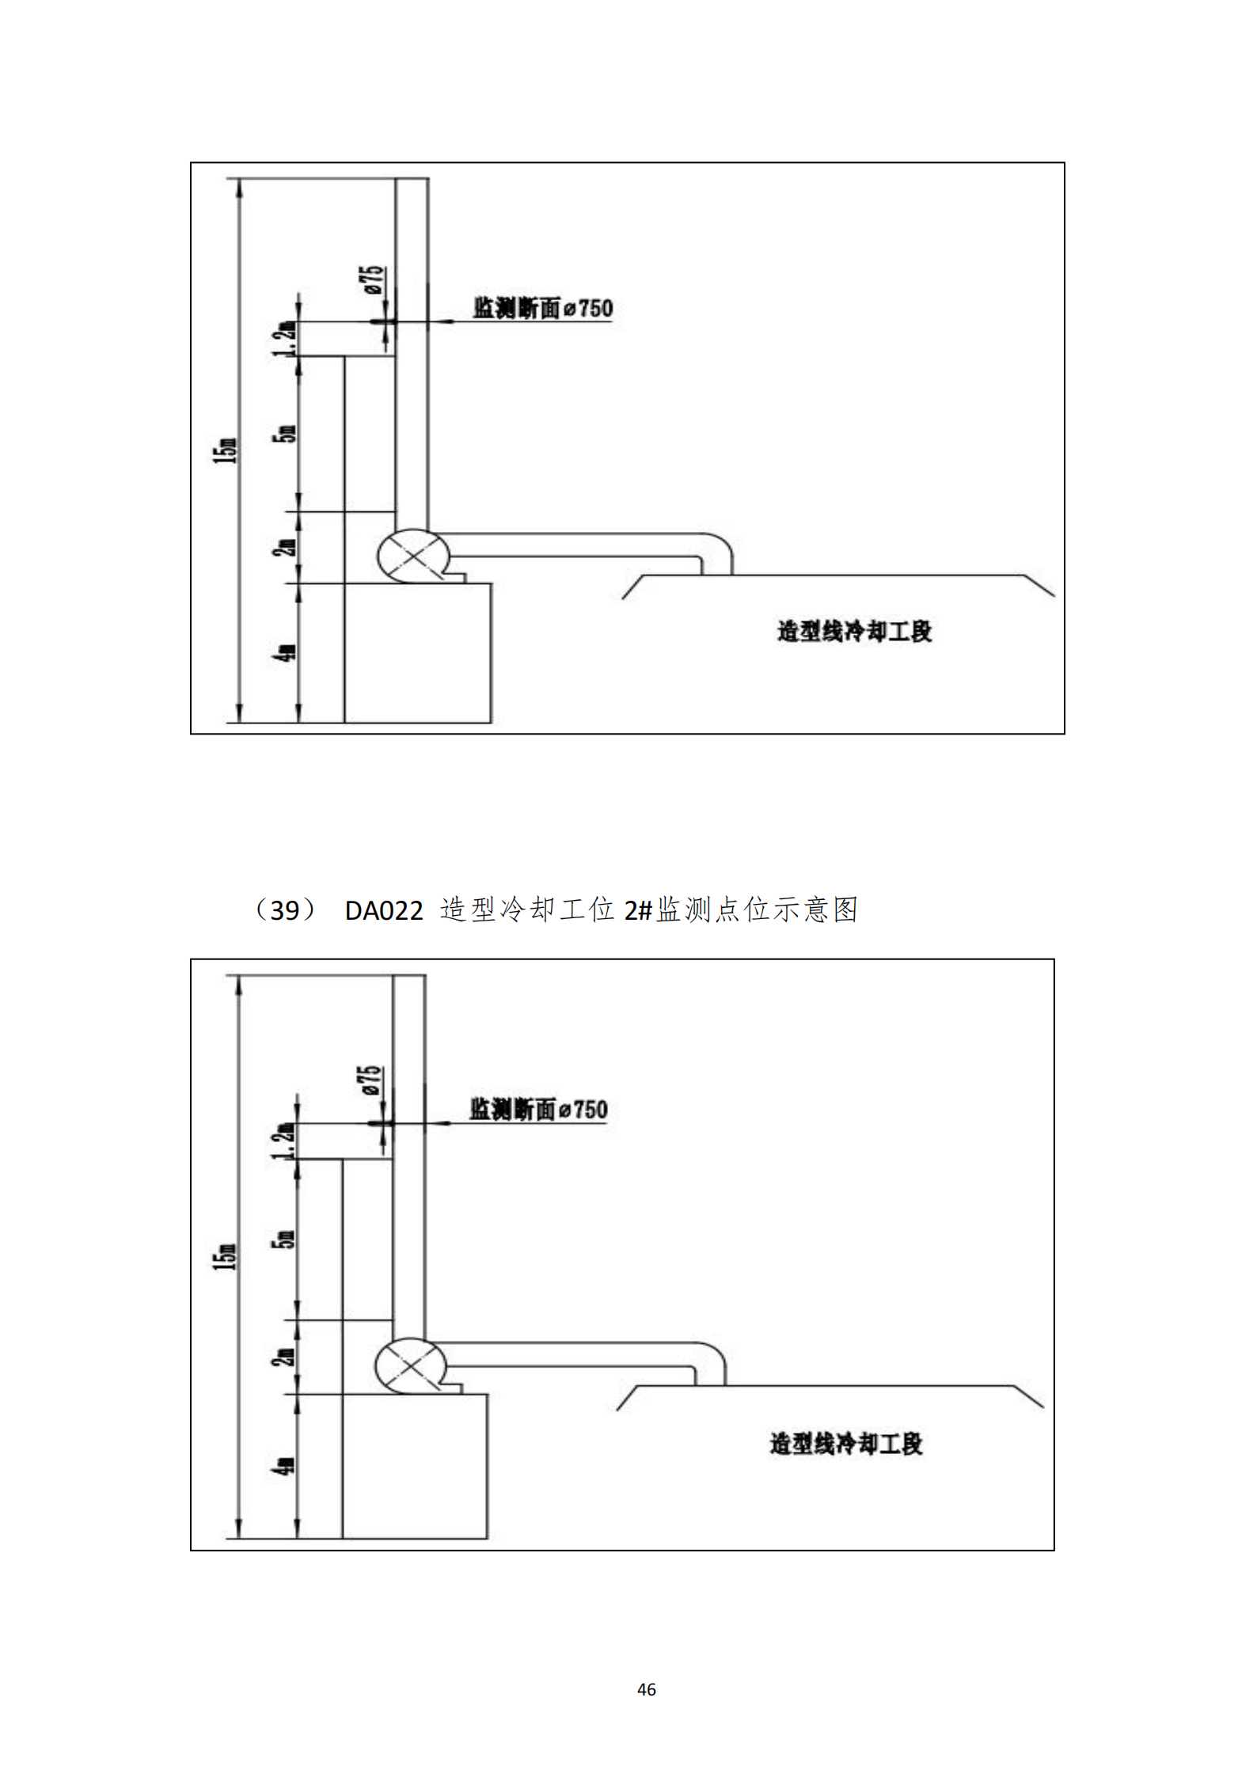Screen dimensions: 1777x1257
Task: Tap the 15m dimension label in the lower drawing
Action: [x=225, y=1256]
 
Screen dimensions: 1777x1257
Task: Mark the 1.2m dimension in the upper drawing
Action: [x=287, y=339]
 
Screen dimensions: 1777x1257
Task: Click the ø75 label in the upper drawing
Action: [x=374, y=281]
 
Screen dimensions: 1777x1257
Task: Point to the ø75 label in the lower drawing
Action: [x=370, y=1081]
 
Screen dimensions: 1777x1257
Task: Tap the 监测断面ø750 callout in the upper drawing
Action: [x=543, y=308]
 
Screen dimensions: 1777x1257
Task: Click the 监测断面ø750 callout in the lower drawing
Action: [x=538, y=1109]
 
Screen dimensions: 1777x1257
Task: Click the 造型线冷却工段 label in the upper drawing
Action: [x=854, y=631]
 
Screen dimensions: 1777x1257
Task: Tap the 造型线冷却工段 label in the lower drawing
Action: [x=846, y=1443]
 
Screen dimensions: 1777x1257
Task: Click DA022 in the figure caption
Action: [x=384, y=911]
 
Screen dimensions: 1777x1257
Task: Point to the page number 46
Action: [x=646, y=1689]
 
